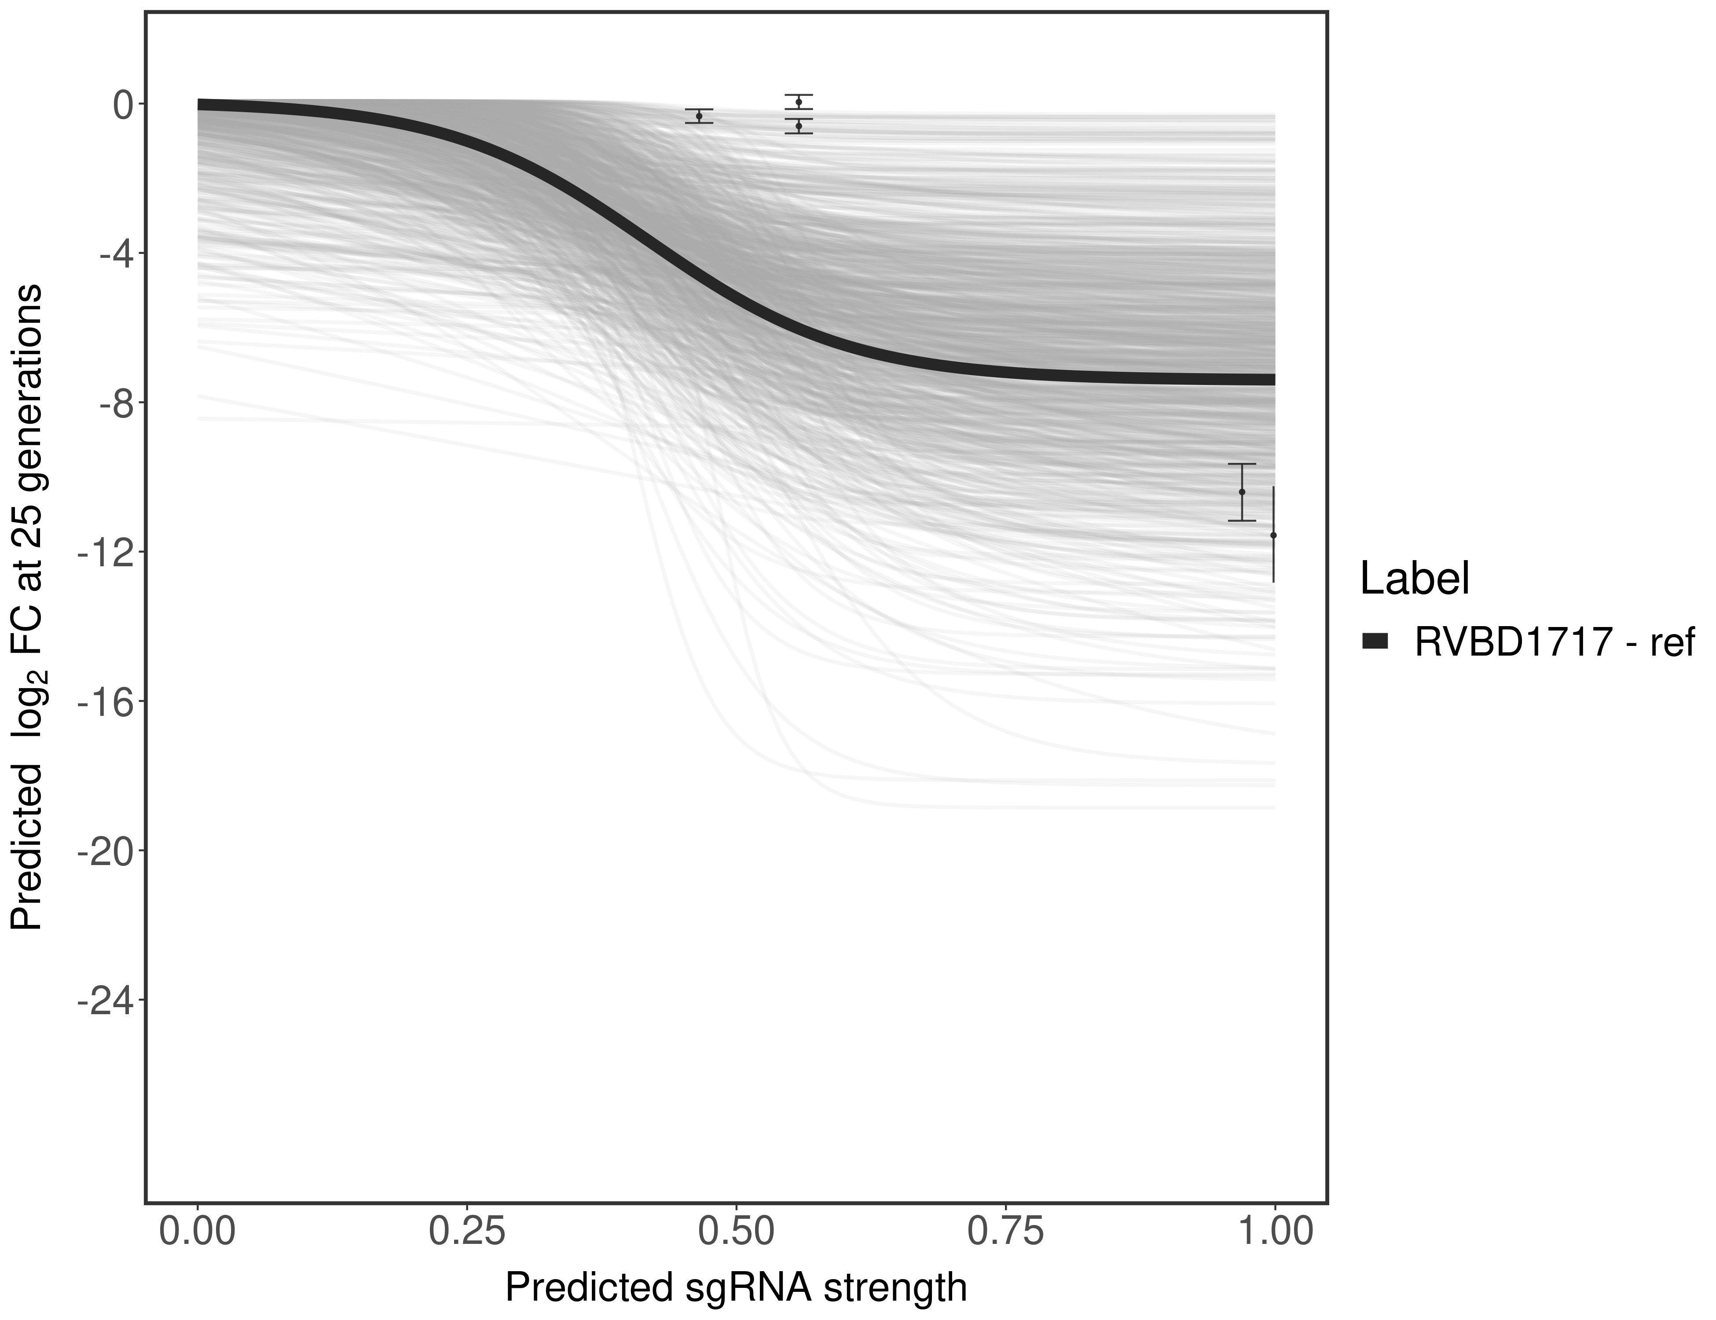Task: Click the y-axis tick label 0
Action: tap(123, 105)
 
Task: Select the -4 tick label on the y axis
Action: tap(112, 254)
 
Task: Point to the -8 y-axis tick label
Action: tap(112, 403)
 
